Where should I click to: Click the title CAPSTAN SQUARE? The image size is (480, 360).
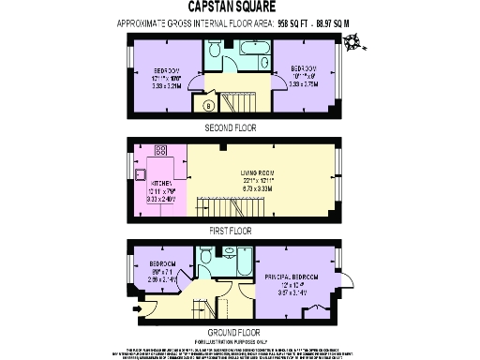[x=240, y=7]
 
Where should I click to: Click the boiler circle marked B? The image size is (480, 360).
[x=210, y=105]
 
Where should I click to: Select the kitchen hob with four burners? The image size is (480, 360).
[x=160, y=151]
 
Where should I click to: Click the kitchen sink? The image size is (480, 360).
[x=140, y=173]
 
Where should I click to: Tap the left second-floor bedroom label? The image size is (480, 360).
[x=164, y=76]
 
